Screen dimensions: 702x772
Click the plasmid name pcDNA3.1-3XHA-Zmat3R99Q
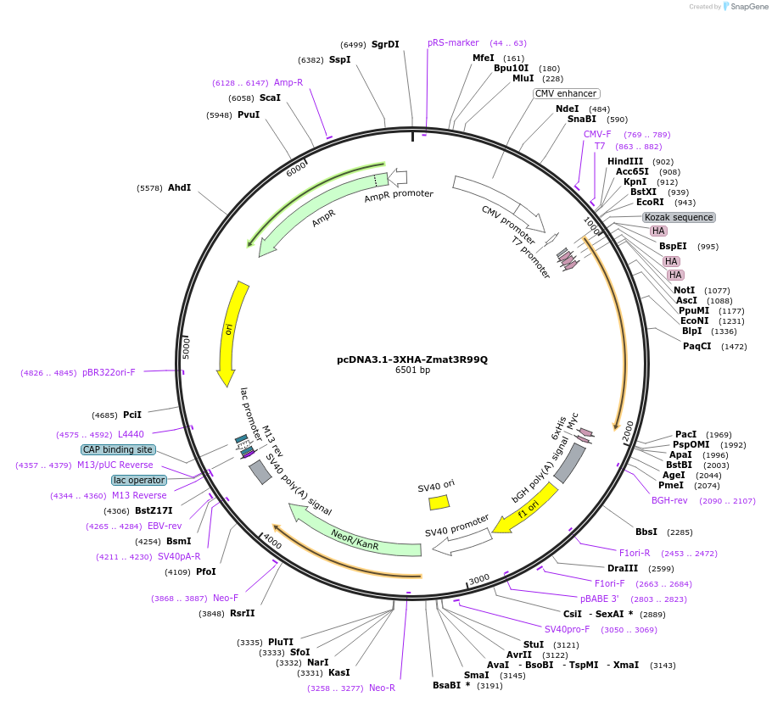pos(412,359)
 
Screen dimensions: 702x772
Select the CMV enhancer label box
pos(567,93)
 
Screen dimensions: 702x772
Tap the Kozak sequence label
pos(679,217)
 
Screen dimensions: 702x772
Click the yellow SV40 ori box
pos(439,502)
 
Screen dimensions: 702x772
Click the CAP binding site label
pos(118,449)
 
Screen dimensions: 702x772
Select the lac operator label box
pos(139,480)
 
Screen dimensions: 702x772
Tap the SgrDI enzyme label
pos(385,44)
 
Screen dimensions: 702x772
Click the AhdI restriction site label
pos(179,187)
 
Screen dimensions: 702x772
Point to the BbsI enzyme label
pos(646,532)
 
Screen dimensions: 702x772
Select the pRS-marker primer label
pos(453,42)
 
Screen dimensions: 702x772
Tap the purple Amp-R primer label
pos(288,82)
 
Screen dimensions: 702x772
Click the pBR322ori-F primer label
pos(109,372)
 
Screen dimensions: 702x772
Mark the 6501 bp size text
pos(412,370)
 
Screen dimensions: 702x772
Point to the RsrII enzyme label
pos(242,613)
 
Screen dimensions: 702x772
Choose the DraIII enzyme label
pos(624,568)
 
